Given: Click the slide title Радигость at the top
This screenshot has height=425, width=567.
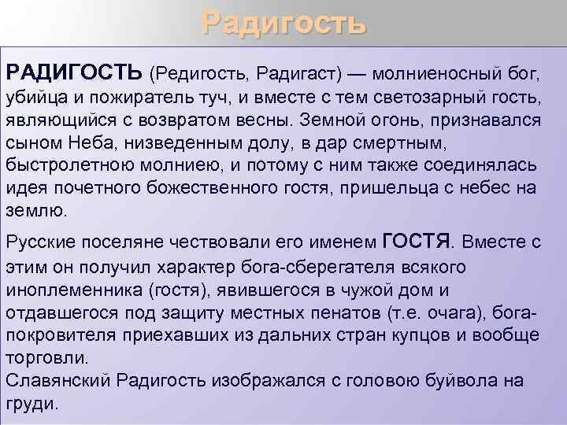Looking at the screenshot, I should click(283, 23).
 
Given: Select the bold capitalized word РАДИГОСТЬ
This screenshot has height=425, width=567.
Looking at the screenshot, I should click(74, 73).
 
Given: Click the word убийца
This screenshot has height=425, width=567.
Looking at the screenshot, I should click(36, 98).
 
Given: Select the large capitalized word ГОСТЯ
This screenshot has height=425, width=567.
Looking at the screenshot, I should click(420, 240).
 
